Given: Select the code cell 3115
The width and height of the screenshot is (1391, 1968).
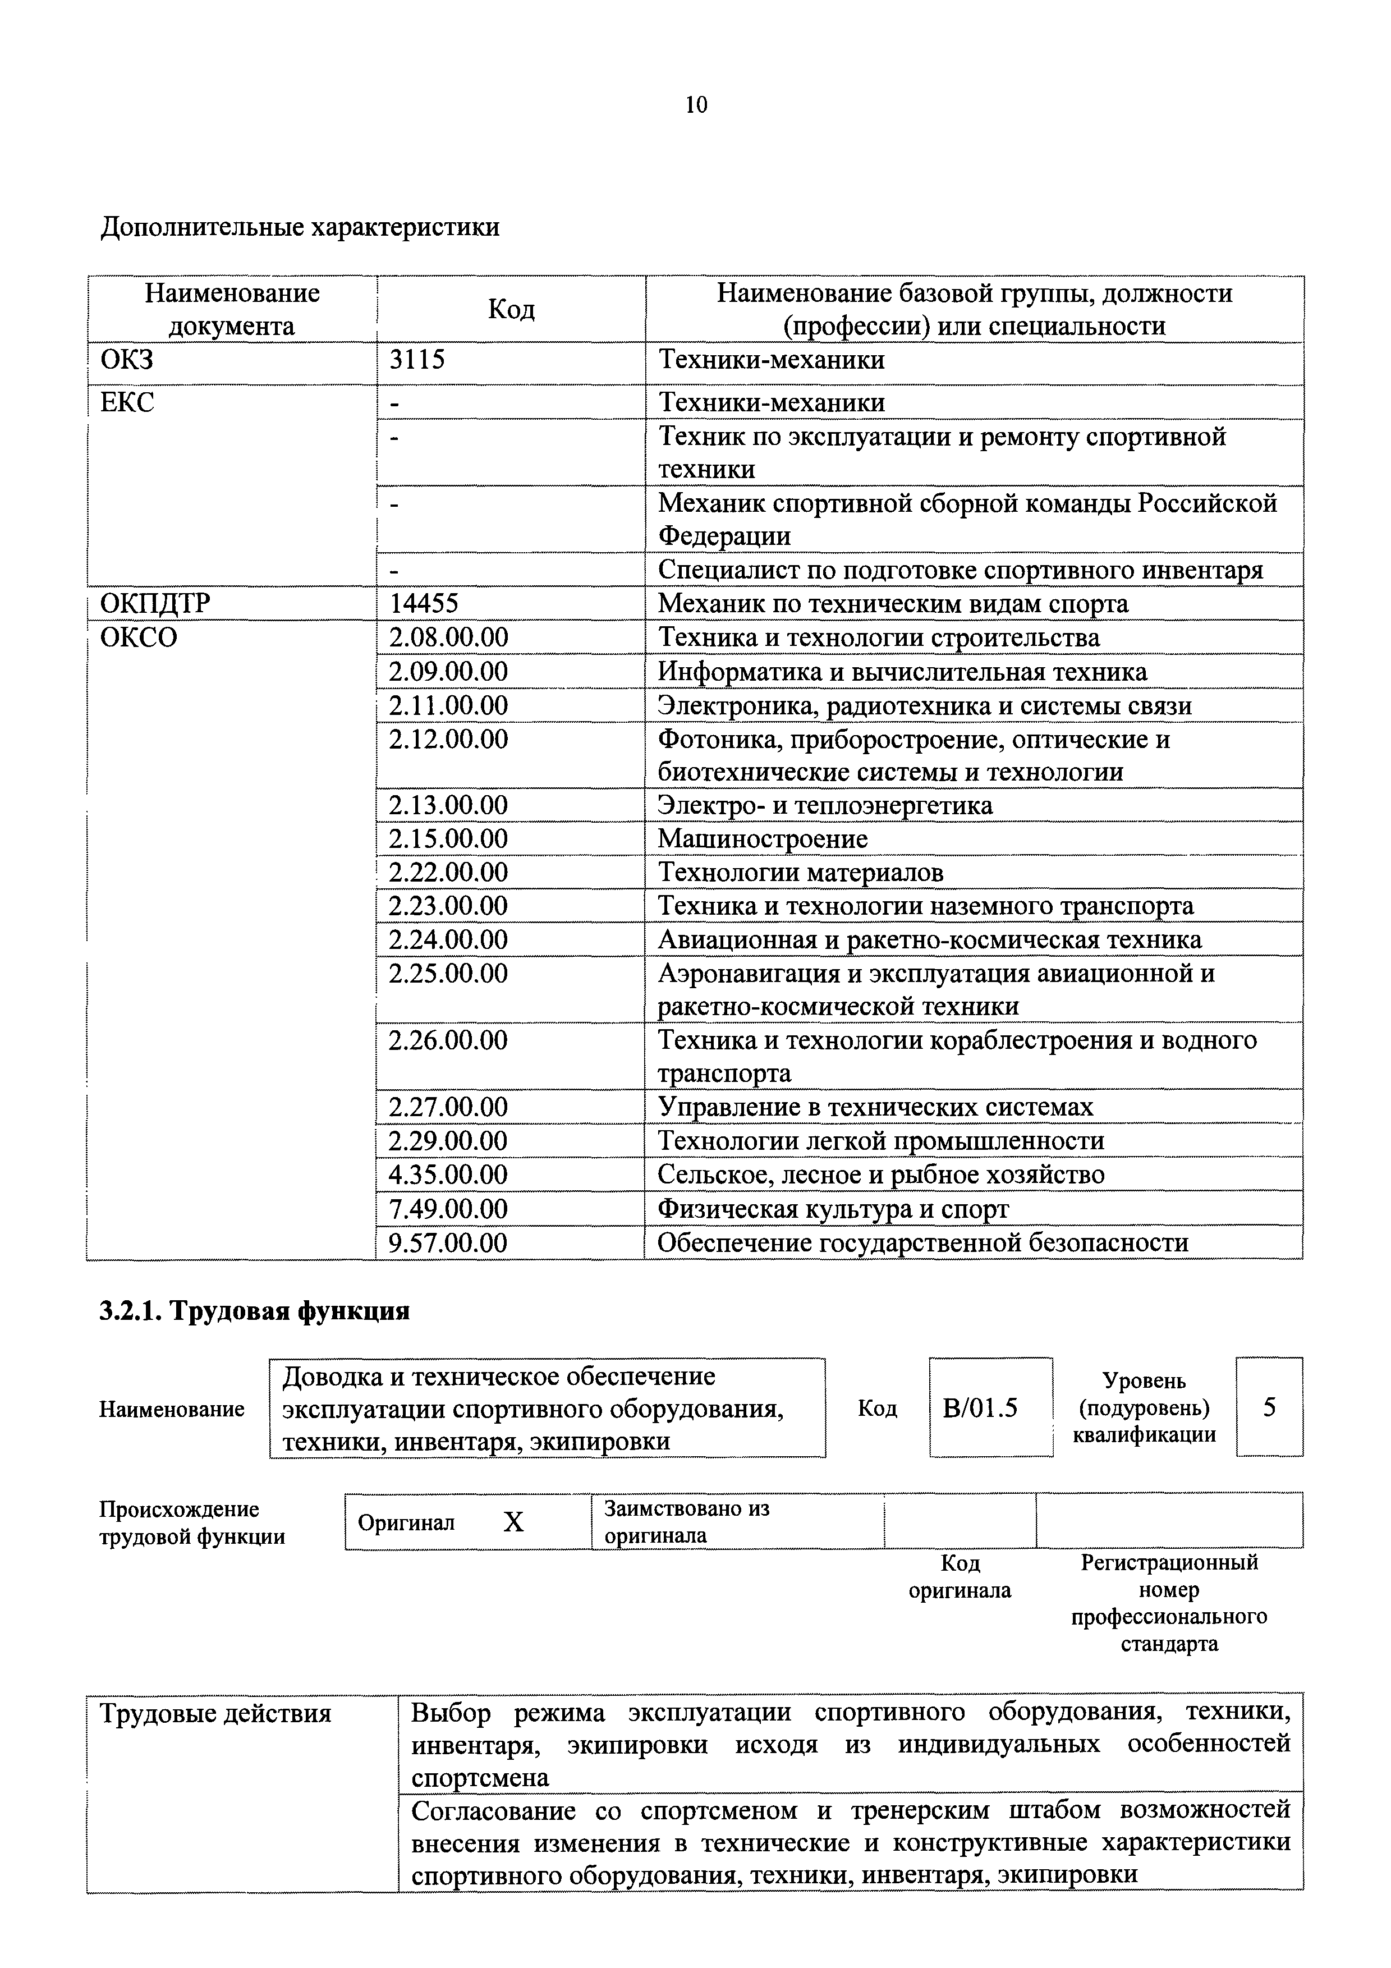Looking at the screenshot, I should [417, 359].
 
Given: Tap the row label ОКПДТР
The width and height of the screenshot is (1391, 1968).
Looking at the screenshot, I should [154, 603].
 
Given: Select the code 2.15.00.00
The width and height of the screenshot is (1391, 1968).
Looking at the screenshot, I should [448, 838].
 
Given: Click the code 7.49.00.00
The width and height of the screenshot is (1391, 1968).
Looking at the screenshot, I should [448, 1209].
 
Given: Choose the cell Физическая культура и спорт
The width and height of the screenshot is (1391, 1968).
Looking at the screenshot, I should [833, 1209].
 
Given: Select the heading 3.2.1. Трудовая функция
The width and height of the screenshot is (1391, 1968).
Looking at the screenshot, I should [255, 1310].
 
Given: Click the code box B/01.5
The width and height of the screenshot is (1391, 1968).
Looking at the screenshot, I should [980, 1407].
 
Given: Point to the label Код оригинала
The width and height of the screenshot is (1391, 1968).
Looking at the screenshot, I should [960, 1576].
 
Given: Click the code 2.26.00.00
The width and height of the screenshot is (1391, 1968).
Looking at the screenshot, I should [448, 1040].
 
